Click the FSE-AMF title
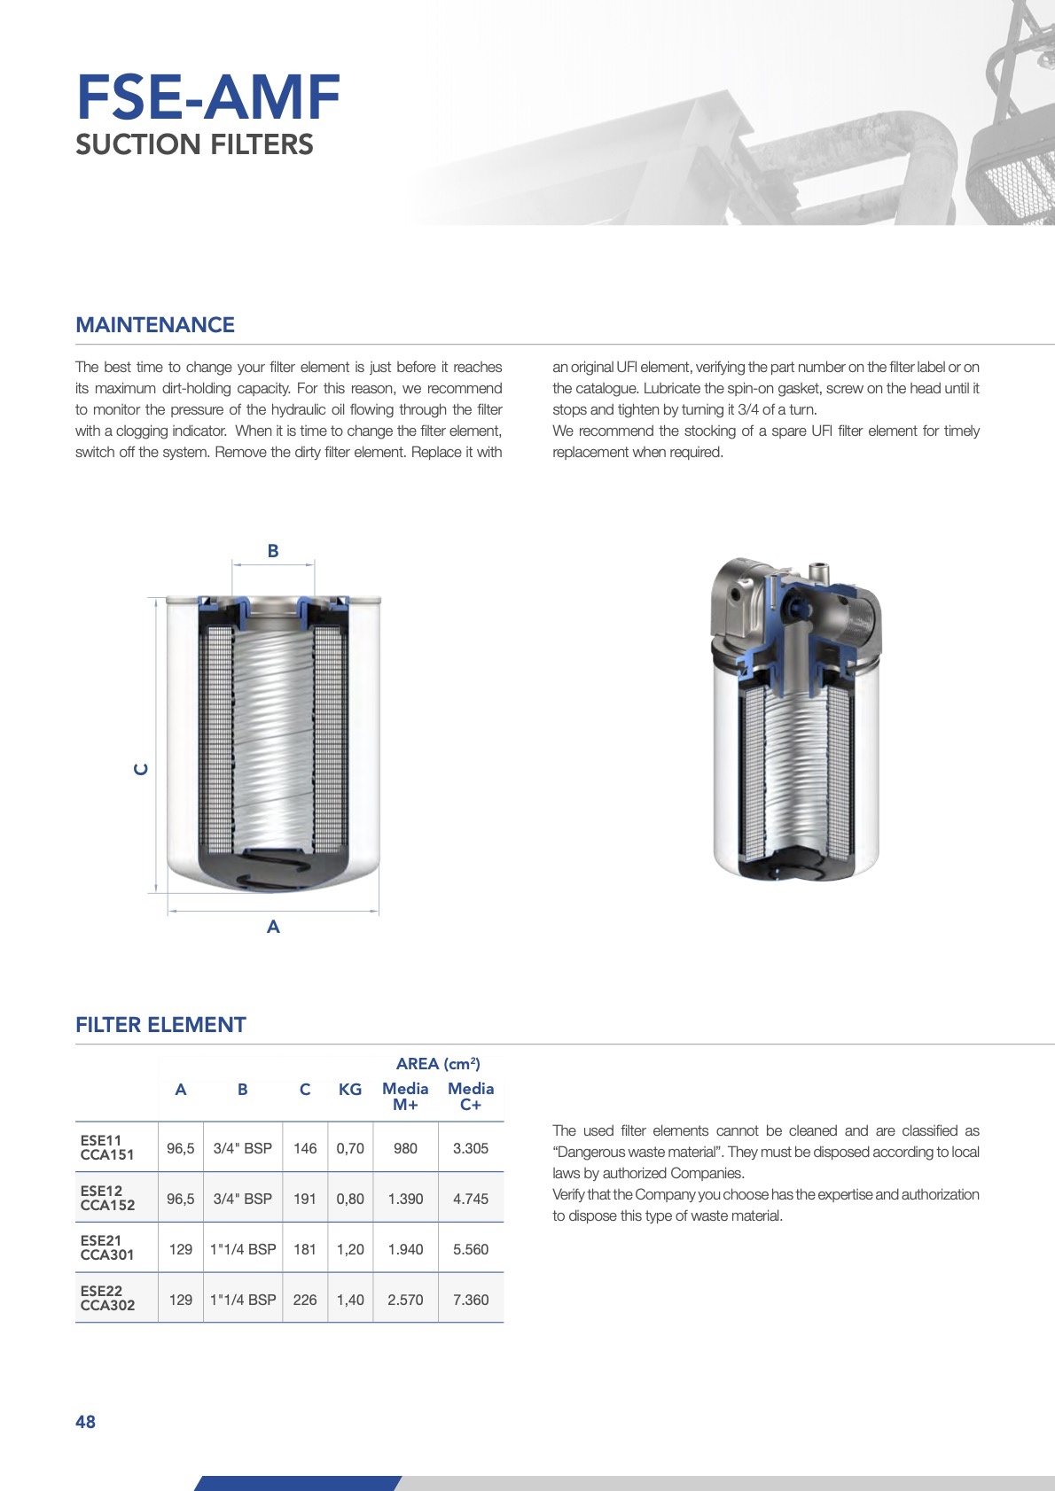208,97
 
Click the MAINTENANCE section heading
155,325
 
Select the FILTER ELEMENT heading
160,1025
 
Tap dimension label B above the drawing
273,551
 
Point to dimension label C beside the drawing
141,769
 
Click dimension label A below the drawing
273,927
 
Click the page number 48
85,1422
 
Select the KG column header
350,1090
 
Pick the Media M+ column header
405,1097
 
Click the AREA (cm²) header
438,1064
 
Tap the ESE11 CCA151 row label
107,1148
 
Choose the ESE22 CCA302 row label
107,1299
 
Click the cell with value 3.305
471,1148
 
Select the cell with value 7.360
471,1300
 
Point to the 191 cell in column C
305,1199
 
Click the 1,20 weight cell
350,1249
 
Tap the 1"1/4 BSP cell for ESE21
243,1249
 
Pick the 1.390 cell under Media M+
405,1199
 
